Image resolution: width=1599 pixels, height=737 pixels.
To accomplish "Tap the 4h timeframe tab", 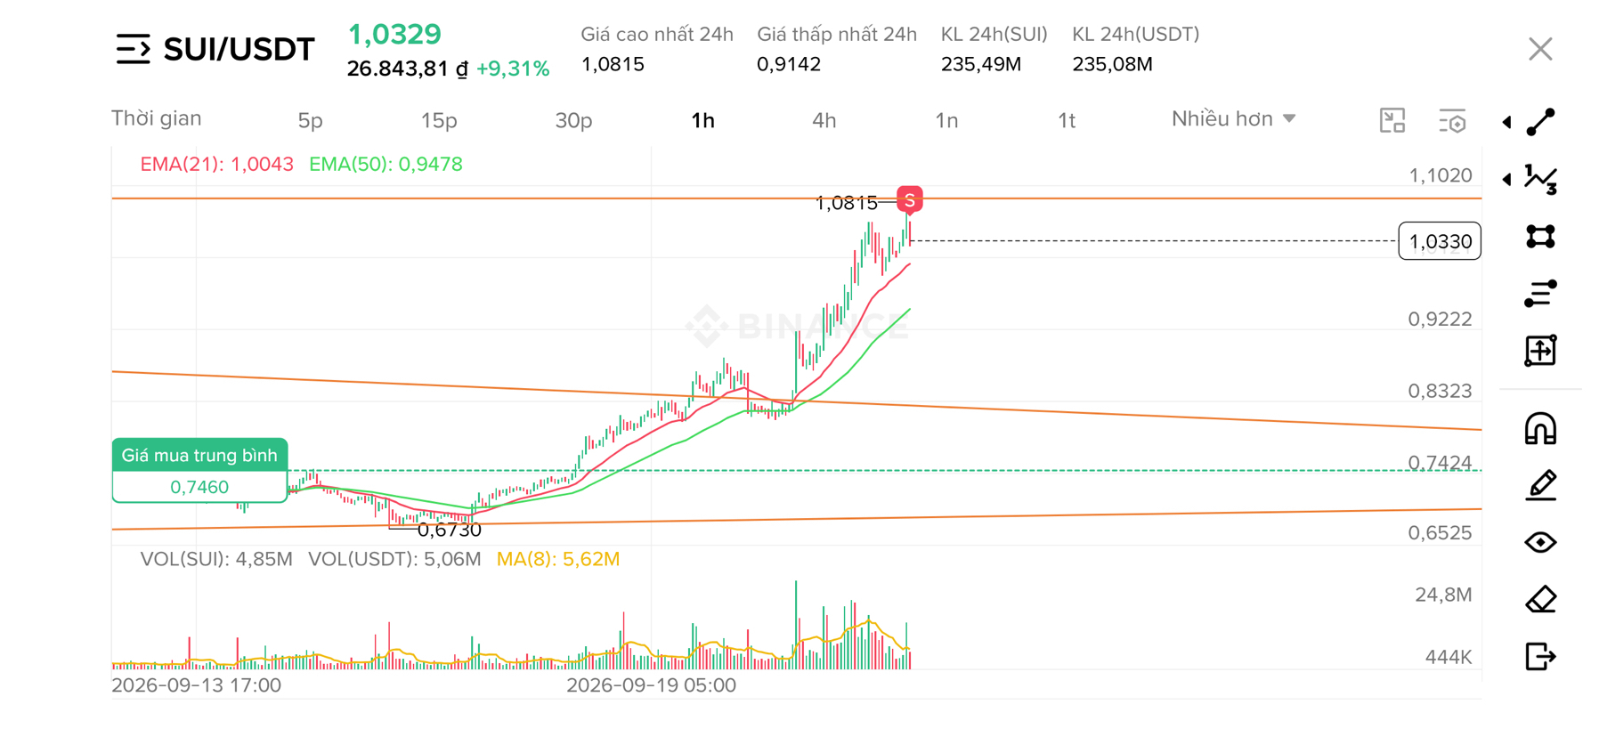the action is [x=824, y=120].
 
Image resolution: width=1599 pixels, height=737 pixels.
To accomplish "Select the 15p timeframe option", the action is [x=439, y=120].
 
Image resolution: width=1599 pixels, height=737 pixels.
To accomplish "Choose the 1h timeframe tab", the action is [x=702, y=120].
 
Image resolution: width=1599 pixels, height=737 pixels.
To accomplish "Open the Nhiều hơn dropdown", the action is [x=1233, y=119].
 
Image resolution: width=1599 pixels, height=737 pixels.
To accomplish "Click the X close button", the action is [x=1540, y=49].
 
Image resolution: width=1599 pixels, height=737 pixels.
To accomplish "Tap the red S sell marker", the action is [x=909, y=200].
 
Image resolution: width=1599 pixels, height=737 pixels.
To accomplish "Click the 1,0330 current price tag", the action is [x=1440, y=241].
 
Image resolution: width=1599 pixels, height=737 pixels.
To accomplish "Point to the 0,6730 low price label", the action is [x=449, y=530].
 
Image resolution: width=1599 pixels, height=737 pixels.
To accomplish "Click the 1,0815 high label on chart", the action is [x=846, y=204].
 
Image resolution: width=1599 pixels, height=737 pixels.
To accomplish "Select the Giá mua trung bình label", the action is [x=199, y=456].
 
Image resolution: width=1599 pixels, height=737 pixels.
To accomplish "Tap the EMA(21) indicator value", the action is [x=216, y=164].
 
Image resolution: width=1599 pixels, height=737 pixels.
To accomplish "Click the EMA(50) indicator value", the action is [x=386, y=164].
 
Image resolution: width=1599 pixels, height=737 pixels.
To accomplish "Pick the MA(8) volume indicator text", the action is [x=558, y=559].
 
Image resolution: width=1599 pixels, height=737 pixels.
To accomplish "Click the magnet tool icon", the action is [x=1540, y=429].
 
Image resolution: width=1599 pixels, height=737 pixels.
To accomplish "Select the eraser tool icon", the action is [x=1540, y=599].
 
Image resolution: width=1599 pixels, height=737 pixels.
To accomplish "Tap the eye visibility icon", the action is [x=1540, y=542].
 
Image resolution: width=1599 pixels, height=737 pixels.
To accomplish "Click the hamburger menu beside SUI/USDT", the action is [x=133, y=49].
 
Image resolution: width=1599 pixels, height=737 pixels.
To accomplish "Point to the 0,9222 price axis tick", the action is [x=1440, y=319].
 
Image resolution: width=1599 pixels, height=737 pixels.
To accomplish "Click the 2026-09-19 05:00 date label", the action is [x=652, y=685].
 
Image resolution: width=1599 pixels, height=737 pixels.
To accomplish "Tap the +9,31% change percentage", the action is [x=513, y=69].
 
